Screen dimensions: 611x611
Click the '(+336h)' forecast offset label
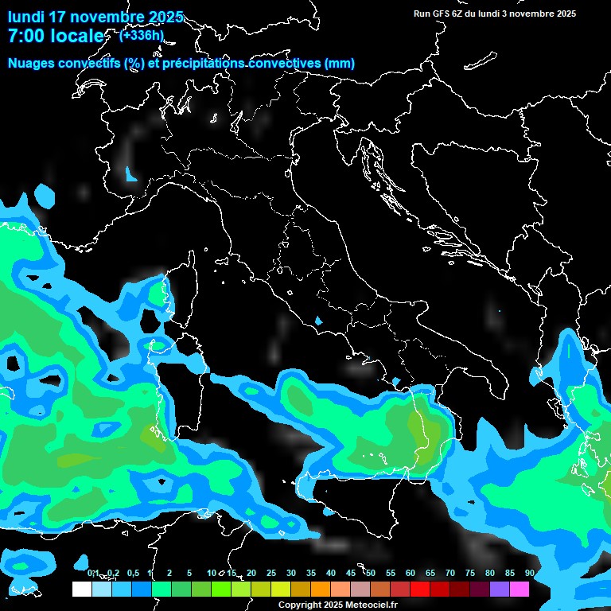pos(142,35)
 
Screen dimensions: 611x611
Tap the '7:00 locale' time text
pos(55,36)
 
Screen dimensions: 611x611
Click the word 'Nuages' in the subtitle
pos(33,64)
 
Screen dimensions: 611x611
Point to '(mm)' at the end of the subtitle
pos(340,64)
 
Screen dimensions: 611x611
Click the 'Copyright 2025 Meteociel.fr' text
pos(337,605)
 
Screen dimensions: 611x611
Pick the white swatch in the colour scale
pos(81,590)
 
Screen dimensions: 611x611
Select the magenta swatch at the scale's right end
pos(520,590)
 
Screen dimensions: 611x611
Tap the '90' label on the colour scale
pos(530,573)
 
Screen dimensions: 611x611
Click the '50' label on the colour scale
pos(371,573)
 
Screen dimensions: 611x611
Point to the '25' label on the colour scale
pos(271,573)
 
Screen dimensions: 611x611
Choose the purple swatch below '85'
pos(500,590)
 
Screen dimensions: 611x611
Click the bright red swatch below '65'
pos(420,590)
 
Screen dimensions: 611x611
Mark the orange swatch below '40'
pos(321,590)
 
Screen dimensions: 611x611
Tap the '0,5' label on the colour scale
pos(133,573)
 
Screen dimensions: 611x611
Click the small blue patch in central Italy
pos(319,321)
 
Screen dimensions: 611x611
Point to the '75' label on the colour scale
pos(470,573)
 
